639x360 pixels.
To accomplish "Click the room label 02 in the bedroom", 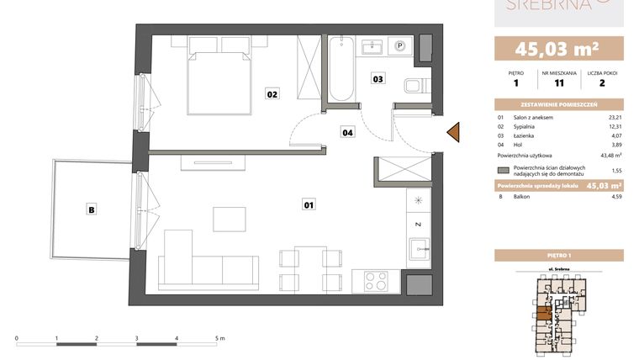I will [272, 94].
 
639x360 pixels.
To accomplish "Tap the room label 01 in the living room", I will [308, 204].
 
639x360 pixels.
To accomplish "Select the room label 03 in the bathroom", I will [378, 79].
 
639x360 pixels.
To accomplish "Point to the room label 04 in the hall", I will [346, 131].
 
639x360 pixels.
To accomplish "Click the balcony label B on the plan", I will [91, 209].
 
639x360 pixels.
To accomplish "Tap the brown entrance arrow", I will [452, 132].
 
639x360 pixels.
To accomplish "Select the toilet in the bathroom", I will [415, 84].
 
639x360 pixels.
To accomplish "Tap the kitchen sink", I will [418, 248].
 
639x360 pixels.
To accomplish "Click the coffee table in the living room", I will [229, 219].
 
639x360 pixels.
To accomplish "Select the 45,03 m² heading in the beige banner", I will [558, 48].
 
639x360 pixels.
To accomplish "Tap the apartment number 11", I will [558, 83].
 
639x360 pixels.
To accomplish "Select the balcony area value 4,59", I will [615, 198].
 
